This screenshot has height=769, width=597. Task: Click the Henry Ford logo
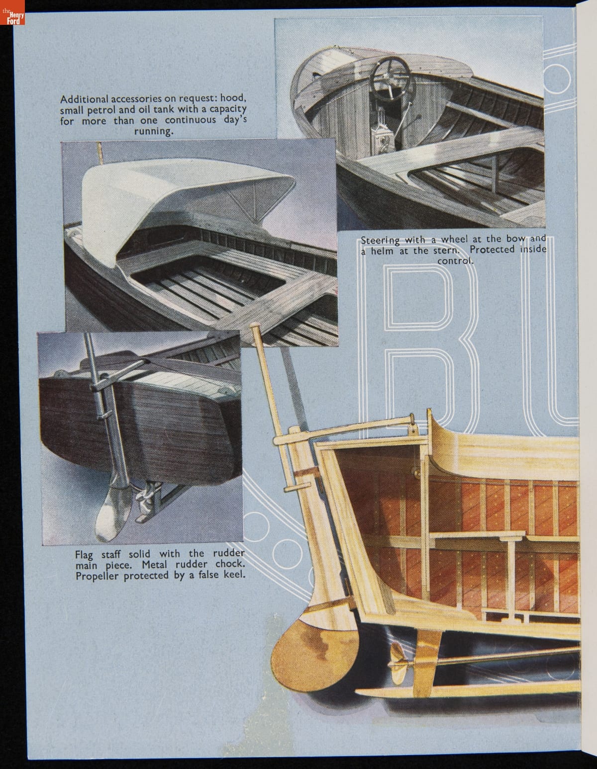tap(12, 13)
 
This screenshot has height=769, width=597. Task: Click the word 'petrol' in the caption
tap(104, 109)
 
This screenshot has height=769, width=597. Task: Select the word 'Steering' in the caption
tap(380, 241)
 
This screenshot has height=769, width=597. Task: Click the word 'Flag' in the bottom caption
tap(84, 555)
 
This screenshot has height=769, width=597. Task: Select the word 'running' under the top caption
tap(153, 132)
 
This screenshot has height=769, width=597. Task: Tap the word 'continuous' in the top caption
tap(190, 120)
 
